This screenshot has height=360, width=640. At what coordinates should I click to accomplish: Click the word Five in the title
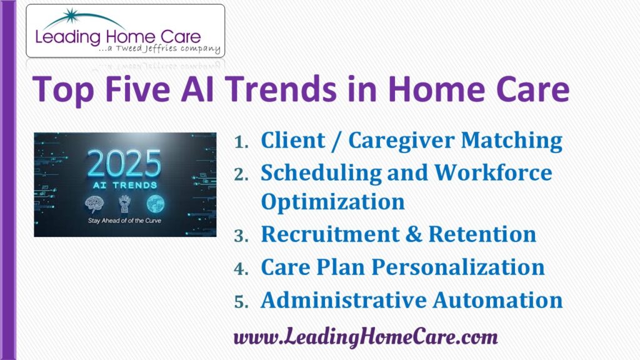click(x=137, y=89)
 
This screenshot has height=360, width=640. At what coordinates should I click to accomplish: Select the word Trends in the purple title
click(x=281, y=89)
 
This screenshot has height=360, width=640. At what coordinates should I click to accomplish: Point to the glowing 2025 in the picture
click(x=124, y=164)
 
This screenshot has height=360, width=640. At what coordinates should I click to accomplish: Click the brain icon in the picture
click(x=94, y=204)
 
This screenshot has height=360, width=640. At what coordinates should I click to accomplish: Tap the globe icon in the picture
click(x=156, y=203)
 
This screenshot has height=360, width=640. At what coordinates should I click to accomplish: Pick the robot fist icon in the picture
click(x=124, y=204)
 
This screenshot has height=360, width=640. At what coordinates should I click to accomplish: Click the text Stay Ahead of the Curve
click(x=124, y=221)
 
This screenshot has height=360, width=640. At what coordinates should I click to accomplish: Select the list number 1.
click(x=242, y=142)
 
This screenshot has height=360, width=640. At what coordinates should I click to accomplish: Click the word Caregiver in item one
click(x=401, y=141)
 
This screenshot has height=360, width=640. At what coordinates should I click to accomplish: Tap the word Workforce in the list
click(x=493, y=172)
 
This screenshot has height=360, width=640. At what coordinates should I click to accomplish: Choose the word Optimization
click(x=332, y=202)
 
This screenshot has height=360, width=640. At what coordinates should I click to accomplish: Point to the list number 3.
click(x=241, y=236)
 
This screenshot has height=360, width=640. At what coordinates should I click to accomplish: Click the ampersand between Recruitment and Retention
click(x=414, y=234)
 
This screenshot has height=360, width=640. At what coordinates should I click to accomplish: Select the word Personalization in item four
click(x=458, y=267)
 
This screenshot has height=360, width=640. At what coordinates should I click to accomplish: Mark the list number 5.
click(x=241, y=302)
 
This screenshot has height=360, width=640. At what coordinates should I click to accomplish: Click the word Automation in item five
click(x=497, y=300)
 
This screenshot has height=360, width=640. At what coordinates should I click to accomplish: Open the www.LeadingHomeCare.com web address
click(x=366, y=337)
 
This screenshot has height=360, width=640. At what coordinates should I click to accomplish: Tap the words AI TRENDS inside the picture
click(x=125, y=185)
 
